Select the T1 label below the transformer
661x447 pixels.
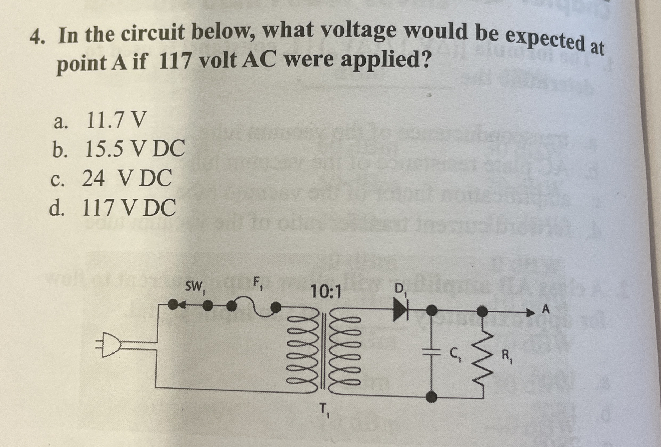click(x=324, y=411)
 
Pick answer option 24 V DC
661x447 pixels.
click(x=127, y=178)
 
